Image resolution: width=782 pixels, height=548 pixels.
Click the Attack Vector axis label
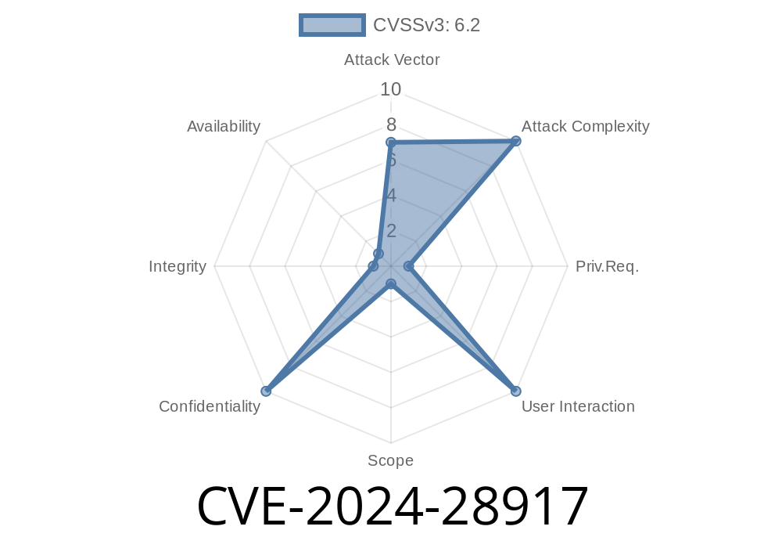(392, 59)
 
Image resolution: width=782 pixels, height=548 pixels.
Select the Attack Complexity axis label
(585, 127)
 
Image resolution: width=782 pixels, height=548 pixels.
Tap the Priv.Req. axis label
(607, 266)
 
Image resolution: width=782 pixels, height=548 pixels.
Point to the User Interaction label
(578, 406)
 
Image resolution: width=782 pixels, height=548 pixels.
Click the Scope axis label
(390, 460)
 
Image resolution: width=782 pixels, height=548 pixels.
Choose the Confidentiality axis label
(210, 406)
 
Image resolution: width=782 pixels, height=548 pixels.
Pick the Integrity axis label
(178, 266)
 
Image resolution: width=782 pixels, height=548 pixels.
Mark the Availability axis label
(224, 127)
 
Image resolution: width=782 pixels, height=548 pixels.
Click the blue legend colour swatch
(332, 25)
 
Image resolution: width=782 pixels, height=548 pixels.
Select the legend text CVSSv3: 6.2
(426, 25)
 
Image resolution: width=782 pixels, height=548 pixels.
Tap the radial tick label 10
(390, 89)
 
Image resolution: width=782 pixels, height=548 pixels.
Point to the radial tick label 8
(390, 124)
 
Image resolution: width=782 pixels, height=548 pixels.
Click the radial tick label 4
(391, 195)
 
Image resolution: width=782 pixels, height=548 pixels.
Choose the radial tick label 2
(391, 230)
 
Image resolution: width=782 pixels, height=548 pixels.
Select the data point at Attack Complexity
(515, 141)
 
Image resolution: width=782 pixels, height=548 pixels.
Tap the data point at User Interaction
(515, 391)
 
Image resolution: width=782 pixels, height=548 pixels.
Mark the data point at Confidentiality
(266, 391)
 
